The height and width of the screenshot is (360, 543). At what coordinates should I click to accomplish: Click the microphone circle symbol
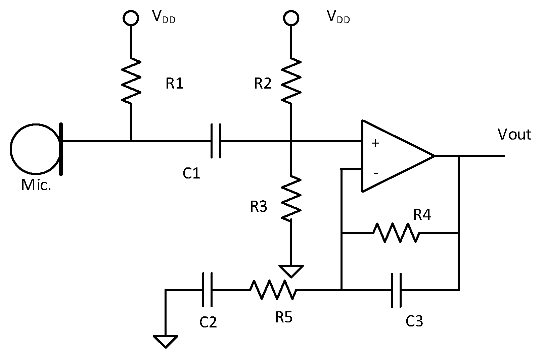[35, 148]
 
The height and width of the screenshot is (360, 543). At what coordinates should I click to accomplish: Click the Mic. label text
[36, 185]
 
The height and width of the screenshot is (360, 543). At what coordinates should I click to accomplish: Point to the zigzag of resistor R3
[291, 198]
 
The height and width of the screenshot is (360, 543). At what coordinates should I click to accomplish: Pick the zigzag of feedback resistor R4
[396, 233]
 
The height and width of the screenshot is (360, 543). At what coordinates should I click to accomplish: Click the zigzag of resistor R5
[273, 290]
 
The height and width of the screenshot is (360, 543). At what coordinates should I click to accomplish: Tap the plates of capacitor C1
[216, 141]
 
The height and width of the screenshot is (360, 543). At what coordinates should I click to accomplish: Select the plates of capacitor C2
[207, 290]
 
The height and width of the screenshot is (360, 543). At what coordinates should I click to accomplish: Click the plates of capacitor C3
[396, 290]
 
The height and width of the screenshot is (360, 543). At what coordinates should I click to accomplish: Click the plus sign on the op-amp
[375, 143]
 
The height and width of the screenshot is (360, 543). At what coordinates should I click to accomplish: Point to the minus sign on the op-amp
[376, 173]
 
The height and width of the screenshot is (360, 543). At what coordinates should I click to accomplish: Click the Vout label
[514, 135]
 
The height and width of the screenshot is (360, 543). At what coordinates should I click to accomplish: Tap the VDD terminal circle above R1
[131, 18]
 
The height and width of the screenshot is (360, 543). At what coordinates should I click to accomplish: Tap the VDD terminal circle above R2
[291, 18]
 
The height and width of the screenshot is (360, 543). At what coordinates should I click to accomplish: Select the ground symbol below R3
[291, 270]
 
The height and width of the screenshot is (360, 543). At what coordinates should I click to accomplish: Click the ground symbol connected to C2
[166, 341]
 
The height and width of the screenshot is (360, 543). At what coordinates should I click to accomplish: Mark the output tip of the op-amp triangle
[434, 156]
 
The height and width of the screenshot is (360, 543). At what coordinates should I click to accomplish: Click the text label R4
[422, 215]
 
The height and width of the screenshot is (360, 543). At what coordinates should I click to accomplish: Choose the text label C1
[191, 173]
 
